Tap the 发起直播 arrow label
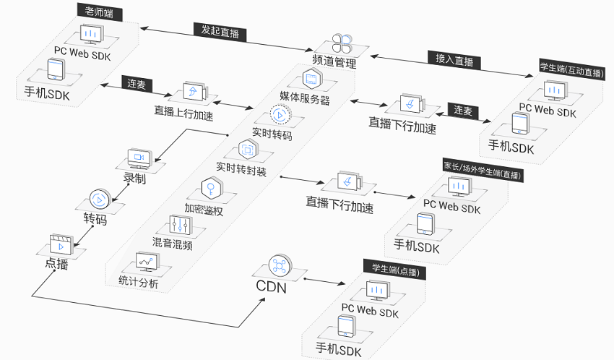pyautogui.click(x=220, y=33)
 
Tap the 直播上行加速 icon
pyautogui.click(x=192, y=92)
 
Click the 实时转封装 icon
pyautogui.click(x=248, y=149)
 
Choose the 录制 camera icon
pyautogui.click(x=138, y=157)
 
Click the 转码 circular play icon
pyautogui.click(x=99, y=199)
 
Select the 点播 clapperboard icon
pyautogui.click(x=59, y=242)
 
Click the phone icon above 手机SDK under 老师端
pyautogui.click(x=56, y=70)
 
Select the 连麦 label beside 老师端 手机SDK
pyautogui.click(x=136, y=84)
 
